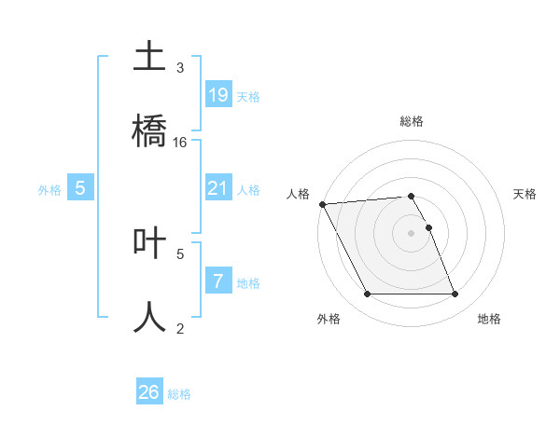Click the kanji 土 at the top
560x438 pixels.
[x=149, y=55]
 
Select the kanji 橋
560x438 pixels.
[x=149, y=130]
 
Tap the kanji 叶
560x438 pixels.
[x=149, y=241]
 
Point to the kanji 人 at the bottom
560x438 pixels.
[x=149, y=316]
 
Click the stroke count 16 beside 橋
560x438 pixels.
[x=180, y=143]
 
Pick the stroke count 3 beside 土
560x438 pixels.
[x=180, y=68]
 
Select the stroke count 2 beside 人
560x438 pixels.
[x=180, y=328]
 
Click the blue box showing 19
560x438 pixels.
[x=217, y=94]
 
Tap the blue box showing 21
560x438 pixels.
[x=217, y=188]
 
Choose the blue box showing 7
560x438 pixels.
[x=217, y=281]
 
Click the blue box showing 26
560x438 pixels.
[x=149, y=392]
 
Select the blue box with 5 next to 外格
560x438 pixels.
[x=80, y=188]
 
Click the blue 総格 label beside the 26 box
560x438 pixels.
[x=179, y=394]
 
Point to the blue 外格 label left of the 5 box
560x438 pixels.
[x=49, y=190]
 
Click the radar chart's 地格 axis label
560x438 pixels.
[x=489, y=319]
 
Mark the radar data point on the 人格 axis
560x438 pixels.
[x=322, y=204]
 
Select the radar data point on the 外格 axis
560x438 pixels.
[x=367, y=294]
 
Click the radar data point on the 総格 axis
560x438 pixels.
[x=411, y=196]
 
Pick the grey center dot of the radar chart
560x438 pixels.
[x=411, y=233]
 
